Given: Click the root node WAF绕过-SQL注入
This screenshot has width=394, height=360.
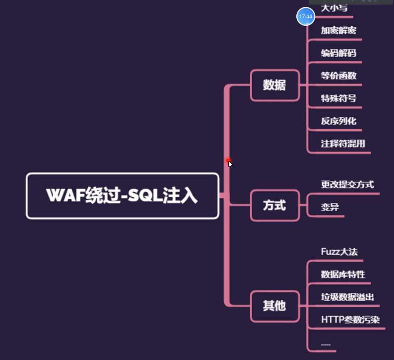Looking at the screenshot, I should tap(122, 196).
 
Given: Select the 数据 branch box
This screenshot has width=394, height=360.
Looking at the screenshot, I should tap(275, 85).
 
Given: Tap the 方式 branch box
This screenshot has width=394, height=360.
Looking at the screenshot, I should tap(275, 206).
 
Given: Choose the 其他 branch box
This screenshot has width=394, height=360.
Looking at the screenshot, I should tap(275, 306).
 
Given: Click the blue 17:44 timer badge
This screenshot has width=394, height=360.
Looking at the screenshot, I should tap(305, 17).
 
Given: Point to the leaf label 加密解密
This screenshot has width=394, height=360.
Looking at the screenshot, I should tap(338, 31).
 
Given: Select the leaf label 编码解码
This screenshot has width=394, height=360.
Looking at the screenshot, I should tap(338, 53).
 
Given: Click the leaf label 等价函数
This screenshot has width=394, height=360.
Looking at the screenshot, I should tap(338, 76).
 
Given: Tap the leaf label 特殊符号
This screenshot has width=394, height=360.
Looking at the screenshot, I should tap(338, 98).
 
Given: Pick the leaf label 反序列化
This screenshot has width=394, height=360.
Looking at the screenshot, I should tap(338, 121).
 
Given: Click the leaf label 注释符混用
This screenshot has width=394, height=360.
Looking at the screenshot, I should tap(343, 144).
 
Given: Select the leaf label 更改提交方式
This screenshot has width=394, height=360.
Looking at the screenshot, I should tap(347, 185).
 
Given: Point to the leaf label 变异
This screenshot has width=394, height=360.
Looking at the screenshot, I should tap(330, 207).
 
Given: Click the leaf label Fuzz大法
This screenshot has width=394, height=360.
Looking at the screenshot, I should tap(339, 252).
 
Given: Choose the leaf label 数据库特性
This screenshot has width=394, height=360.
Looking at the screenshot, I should tap(343, 274).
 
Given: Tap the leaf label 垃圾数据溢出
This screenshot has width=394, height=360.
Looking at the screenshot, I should tap(347, 297).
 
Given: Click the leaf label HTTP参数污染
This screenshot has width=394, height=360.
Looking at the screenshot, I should tap(350, 319).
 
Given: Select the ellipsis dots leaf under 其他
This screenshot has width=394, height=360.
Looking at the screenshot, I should tap(326, 344).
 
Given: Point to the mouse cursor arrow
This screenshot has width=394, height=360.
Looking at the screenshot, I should tap(230, 164).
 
